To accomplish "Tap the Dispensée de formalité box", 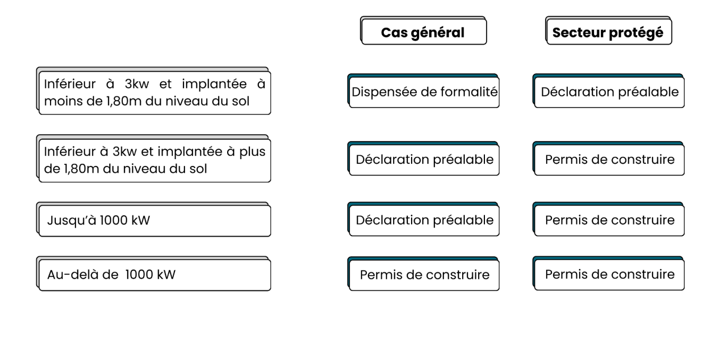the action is pos(423,91).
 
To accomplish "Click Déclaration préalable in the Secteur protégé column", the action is pos(608,91).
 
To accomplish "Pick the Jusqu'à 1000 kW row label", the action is pos(153,220).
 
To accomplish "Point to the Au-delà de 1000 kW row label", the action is pos(153,274).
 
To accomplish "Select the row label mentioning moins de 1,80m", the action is pos(153,91).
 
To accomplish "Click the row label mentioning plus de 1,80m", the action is pos(153,159).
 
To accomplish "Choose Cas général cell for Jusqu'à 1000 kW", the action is pos(423,219).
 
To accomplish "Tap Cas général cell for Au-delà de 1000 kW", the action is pos(423,274).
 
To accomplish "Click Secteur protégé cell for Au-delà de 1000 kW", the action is pos(608,274).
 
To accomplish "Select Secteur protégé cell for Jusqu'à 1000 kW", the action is pos(608,219).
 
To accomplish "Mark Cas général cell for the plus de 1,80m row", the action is pos(423,159).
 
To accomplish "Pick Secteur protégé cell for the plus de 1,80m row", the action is pos(608,159).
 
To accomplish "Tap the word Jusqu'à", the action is pos(72,221).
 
